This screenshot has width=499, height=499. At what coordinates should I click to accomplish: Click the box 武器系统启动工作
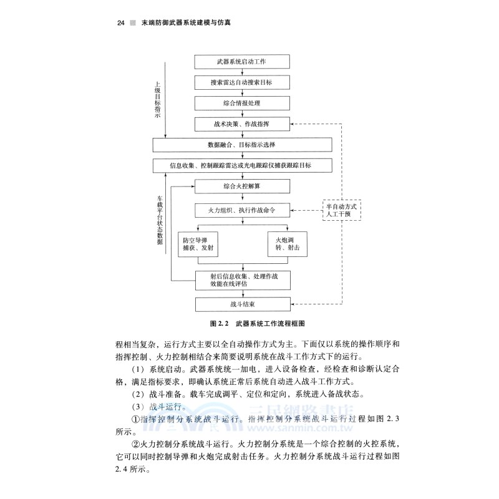pos(243,62)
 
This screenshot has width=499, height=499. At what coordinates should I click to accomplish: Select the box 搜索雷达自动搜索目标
pos(243,82)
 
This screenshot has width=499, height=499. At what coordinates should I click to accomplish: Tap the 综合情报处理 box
pos(243,103)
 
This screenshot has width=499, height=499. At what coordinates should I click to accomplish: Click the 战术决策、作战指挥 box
pos(243,124)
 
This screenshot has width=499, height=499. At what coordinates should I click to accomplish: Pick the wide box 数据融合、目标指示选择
pos(243,145)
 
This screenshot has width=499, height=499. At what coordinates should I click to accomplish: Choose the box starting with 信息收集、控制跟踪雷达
pos(243,165)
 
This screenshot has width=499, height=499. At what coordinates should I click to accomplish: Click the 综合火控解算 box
pos(243,186)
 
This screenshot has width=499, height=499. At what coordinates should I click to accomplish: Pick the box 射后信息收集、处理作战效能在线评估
pos(243,279)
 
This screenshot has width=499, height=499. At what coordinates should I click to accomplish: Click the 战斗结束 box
pos(243,304)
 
